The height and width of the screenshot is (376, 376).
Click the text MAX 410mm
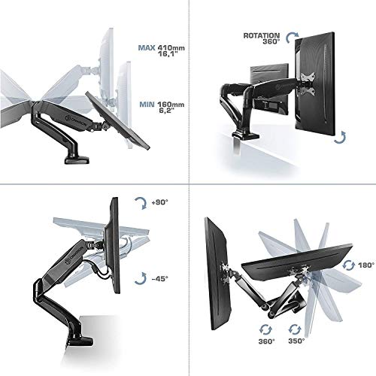pos(162,47)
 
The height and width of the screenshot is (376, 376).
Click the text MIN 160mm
pos(162,105)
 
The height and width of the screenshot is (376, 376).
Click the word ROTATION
pos(262,36)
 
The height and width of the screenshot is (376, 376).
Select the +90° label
pos(160,202)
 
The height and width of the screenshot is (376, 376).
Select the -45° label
pos(160,278)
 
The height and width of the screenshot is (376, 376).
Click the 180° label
pos(366,265)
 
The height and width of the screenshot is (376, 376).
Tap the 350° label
pos(296,341)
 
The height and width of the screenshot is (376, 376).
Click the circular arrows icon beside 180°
pos(349,265)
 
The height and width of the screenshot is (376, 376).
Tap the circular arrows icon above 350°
pos(295,329)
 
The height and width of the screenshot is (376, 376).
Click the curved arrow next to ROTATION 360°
pos(293,38)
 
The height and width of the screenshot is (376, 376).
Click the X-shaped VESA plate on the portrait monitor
pos(308,83)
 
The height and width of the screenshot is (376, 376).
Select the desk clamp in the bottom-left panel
pos(79,341)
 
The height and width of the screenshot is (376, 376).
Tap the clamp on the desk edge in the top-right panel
pos(246,135)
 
